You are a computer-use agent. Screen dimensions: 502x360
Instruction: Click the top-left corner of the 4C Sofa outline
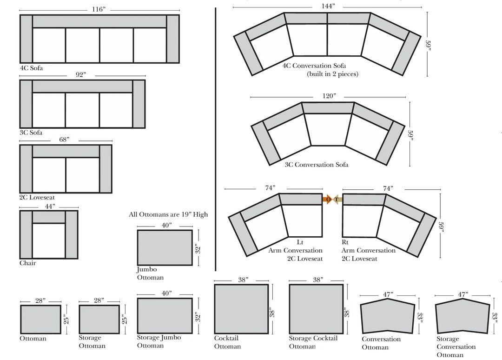pos(20,15)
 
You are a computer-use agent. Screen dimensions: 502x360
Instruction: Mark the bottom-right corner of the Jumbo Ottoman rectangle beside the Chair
pos(192,265)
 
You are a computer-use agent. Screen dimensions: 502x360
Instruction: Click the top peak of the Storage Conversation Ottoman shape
pos(462,299)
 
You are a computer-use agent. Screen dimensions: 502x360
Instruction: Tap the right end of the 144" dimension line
pos(422,7)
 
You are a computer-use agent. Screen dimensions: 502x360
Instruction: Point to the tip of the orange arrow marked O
pos(332,200)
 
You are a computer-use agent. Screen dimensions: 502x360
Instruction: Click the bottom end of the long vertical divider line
pos(216,271)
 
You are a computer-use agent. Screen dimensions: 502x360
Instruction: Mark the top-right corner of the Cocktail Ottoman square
pos(268,285)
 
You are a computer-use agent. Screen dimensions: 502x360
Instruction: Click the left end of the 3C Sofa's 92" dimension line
pos(20,76)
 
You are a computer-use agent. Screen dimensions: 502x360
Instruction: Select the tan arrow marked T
pos(338,200)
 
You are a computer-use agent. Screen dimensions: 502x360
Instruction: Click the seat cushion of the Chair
pos(49,240)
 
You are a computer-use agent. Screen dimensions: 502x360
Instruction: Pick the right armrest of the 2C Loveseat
pos(106,169)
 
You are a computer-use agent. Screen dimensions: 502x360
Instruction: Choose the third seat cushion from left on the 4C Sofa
pos(117,45)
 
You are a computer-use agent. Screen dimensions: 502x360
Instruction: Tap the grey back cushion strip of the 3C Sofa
pos(82,87)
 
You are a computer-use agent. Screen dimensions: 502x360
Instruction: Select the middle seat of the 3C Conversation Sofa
pos(328,130)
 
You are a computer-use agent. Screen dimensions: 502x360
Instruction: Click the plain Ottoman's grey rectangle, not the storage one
pos(40,320)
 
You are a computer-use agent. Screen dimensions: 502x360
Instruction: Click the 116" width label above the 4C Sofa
pos(99,9)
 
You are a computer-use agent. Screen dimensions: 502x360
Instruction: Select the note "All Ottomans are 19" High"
pos(168,214)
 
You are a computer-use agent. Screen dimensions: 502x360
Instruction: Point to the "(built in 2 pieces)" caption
pos(333,74)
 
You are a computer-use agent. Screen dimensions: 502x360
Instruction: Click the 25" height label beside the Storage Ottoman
pos(125,319)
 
